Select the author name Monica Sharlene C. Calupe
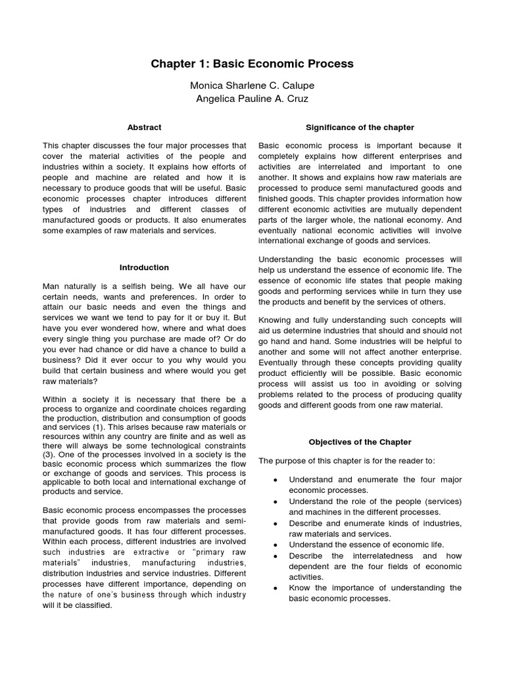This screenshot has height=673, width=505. (252, 85)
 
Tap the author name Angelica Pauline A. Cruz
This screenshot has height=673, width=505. (252, 99)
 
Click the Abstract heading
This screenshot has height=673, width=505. (144, 128)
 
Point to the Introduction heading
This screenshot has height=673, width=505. (144, 267)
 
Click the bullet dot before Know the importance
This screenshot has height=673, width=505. (274, 588)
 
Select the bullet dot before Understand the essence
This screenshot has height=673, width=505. (274, 545)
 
